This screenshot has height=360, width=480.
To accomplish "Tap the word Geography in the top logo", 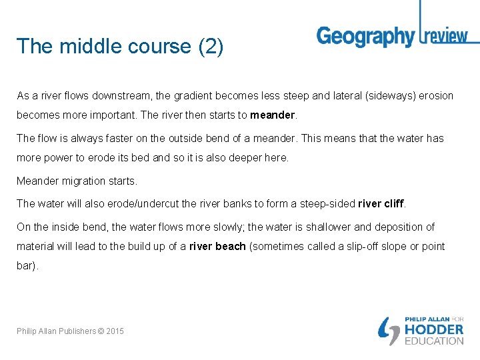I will (x=365, y=37).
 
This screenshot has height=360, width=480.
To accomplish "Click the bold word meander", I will (x=273, y=115).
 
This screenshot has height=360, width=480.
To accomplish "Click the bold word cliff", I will (x=391, y=203).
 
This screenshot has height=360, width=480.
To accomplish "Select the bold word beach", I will (x=231, y=247).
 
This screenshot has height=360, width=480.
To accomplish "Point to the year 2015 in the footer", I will (x=114, y=331).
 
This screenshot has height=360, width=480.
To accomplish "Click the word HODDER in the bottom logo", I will (x=434, y=329).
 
